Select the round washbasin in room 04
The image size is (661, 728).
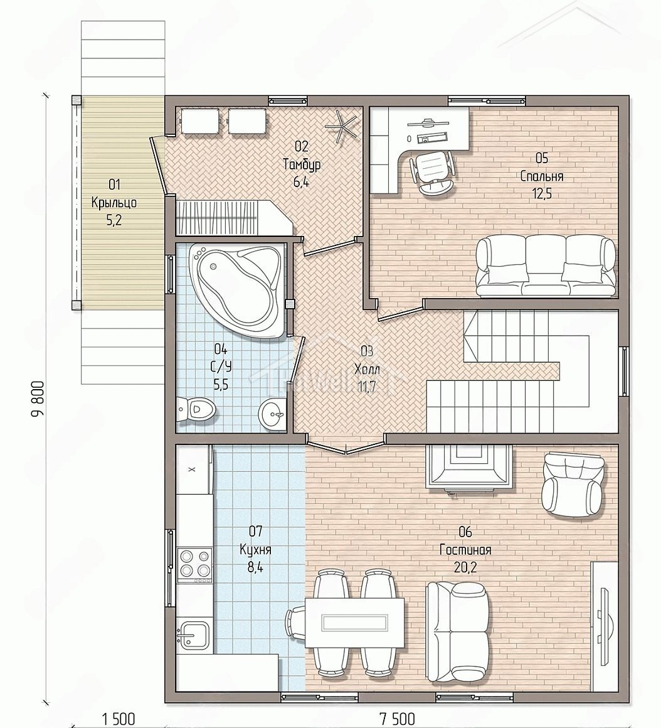click(x=273, y=412)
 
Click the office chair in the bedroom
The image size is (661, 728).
click(x=432, y=172)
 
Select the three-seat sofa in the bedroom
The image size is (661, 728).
click(x=546, y=265)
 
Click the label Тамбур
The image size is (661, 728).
click(x=302, y=164)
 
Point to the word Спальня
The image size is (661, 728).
click(x=541, y=176)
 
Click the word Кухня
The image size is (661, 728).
click(x=256, y=550)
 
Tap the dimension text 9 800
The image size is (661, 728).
click(x=38, y=400)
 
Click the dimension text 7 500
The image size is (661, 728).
click(x=398, y=720)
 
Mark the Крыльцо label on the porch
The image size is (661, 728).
click(x=114, y=203)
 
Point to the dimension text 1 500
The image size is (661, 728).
click(x=118, y=720)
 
